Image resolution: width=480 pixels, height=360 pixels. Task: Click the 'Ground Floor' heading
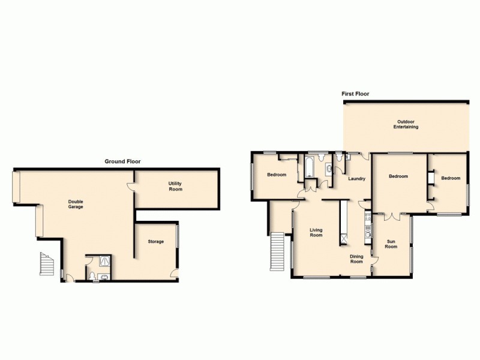tap(122, 161)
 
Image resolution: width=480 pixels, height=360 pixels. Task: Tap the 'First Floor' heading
tap(355, 94)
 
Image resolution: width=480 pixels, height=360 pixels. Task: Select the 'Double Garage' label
tap(76, 204)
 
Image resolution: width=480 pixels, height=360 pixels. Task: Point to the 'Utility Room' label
tap(175, 186)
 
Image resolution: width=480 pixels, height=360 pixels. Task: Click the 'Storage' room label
tap(156, 241)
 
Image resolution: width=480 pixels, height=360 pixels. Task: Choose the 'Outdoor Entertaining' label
tap(406, 125)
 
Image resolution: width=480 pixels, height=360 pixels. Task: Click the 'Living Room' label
tap(316, 232)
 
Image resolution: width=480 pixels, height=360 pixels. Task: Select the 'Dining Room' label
tap(357, 259)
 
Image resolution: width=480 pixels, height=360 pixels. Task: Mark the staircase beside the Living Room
tap(277, 251)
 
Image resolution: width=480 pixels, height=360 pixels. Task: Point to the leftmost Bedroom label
tap(276, 175)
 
